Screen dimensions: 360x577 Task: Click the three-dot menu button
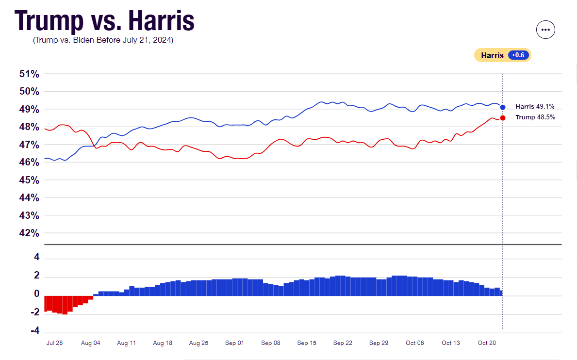(545, 30)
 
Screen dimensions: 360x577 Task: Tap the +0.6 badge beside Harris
(518, 55)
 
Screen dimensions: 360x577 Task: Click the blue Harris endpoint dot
(503, 107)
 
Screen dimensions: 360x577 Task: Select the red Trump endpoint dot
(503, 118)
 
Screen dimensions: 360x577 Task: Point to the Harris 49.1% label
(535, 107)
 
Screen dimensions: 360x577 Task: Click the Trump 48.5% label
(535, 117)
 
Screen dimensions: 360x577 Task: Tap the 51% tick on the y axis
(29, 74)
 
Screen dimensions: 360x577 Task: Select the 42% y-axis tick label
(29, 233)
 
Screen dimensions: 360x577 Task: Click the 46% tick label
(29, 162)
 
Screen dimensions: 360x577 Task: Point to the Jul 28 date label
(54, 343)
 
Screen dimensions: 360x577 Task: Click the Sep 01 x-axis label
(234, 343)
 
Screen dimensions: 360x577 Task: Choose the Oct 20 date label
(487, 343)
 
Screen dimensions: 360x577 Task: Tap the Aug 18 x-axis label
(163, 343)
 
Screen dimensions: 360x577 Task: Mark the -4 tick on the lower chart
(35, 330)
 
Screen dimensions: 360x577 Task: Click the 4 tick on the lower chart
(36, 257)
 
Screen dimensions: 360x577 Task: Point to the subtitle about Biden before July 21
(103, 40)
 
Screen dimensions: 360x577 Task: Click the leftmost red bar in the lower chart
(46, 303)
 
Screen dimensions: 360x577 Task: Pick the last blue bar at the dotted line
(501, 293)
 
